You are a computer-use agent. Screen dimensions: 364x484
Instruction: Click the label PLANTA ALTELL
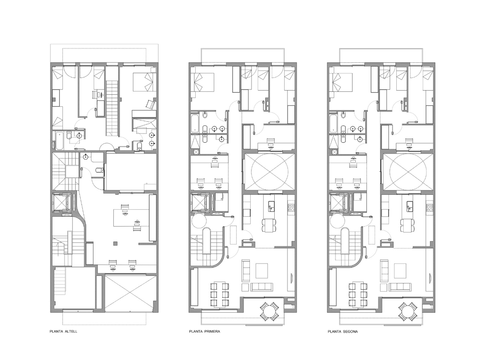(63, 331)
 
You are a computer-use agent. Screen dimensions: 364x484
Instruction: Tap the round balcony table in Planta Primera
(269, 311)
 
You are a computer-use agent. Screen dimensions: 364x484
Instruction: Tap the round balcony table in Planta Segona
(407, 311)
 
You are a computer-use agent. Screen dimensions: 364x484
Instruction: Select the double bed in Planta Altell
(144, 81)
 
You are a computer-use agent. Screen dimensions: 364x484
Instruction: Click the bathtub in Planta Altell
(58, 141)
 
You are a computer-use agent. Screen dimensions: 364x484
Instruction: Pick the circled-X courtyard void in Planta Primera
(270, 172)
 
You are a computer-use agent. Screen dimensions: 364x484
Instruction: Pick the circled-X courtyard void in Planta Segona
(408, 172)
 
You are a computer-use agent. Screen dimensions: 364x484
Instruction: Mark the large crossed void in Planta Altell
(130, 293)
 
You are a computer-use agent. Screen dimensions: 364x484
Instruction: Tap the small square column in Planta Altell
(117, 243)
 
